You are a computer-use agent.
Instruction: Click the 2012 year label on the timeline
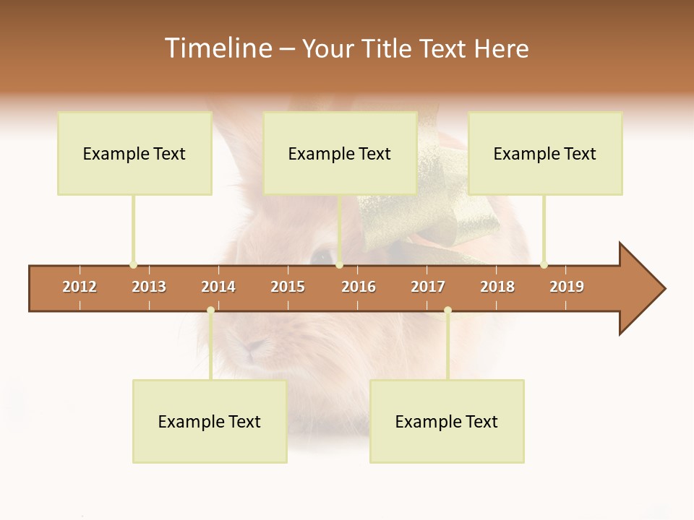coord(80,287)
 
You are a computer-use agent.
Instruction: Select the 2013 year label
coord(149,287)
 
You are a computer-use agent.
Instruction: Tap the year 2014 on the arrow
coord(218,287)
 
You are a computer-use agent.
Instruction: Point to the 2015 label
coord(288,287)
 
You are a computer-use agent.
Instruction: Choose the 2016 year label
coord(359,287)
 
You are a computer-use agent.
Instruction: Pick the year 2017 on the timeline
coord(428,287)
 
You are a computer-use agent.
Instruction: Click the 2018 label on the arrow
coord(497,287)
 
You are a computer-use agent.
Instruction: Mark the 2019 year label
coord(567,287)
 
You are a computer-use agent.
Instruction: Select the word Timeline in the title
coord(216,48)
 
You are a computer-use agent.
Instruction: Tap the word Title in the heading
coord(388,48)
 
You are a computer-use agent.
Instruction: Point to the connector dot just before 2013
coord(133,264)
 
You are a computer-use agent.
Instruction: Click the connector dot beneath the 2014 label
coord(210,310)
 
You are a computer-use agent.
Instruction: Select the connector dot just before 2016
coord(339,264)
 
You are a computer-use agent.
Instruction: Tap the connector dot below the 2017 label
coord(447,310)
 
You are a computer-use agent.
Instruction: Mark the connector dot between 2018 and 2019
coord(544,264)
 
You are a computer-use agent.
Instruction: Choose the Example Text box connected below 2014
coord(210,421)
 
